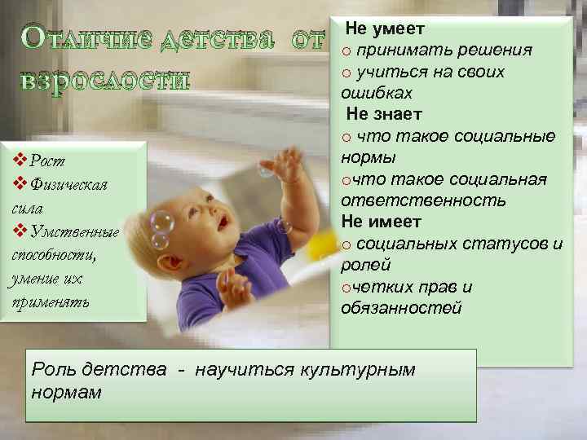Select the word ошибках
pyautogui.click(x=377, y=93)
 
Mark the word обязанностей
pyautogui.click(x=402, y=308)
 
